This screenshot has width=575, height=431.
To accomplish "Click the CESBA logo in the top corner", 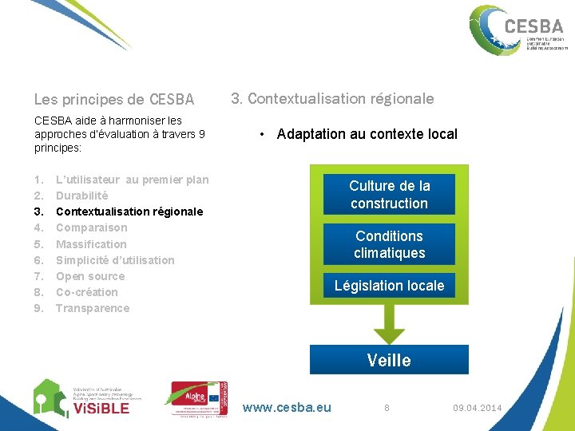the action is [x=517, y=30].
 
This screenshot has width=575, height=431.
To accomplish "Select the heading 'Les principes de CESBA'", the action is [x=114, y=100].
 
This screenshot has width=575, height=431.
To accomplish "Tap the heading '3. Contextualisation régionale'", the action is [x=332, y=99].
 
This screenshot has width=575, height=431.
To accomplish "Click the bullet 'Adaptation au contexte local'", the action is [x=367, y=134].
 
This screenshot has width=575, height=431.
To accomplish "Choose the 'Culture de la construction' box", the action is [x=389, y=195].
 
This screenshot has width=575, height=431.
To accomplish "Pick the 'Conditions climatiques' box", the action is [x=389, y=244].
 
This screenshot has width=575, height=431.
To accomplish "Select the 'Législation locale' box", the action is [x=389, y=286].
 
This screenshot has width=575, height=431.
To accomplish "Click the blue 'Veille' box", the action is [x=389, y=360].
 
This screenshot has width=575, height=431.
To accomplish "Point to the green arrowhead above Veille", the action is [x=389, y=332].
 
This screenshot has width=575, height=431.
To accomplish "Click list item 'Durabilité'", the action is [x=81, y=196].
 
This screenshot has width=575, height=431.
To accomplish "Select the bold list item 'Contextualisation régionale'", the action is [x=129, y=212].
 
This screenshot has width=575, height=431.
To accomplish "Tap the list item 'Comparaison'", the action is [x=91, y=227].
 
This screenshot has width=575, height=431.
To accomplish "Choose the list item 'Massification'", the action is [x=91, y=244].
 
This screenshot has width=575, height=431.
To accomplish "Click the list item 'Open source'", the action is [x=90, y=276].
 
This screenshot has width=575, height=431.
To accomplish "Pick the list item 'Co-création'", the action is [x=86, y=292].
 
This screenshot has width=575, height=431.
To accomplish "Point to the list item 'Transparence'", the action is [x=92, y=308].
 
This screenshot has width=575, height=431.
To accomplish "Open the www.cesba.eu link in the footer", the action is [x=287, y=408].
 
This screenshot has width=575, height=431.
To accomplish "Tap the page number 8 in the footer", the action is [x=387, y=408].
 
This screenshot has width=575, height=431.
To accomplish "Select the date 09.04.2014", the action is [x=478, y=408].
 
